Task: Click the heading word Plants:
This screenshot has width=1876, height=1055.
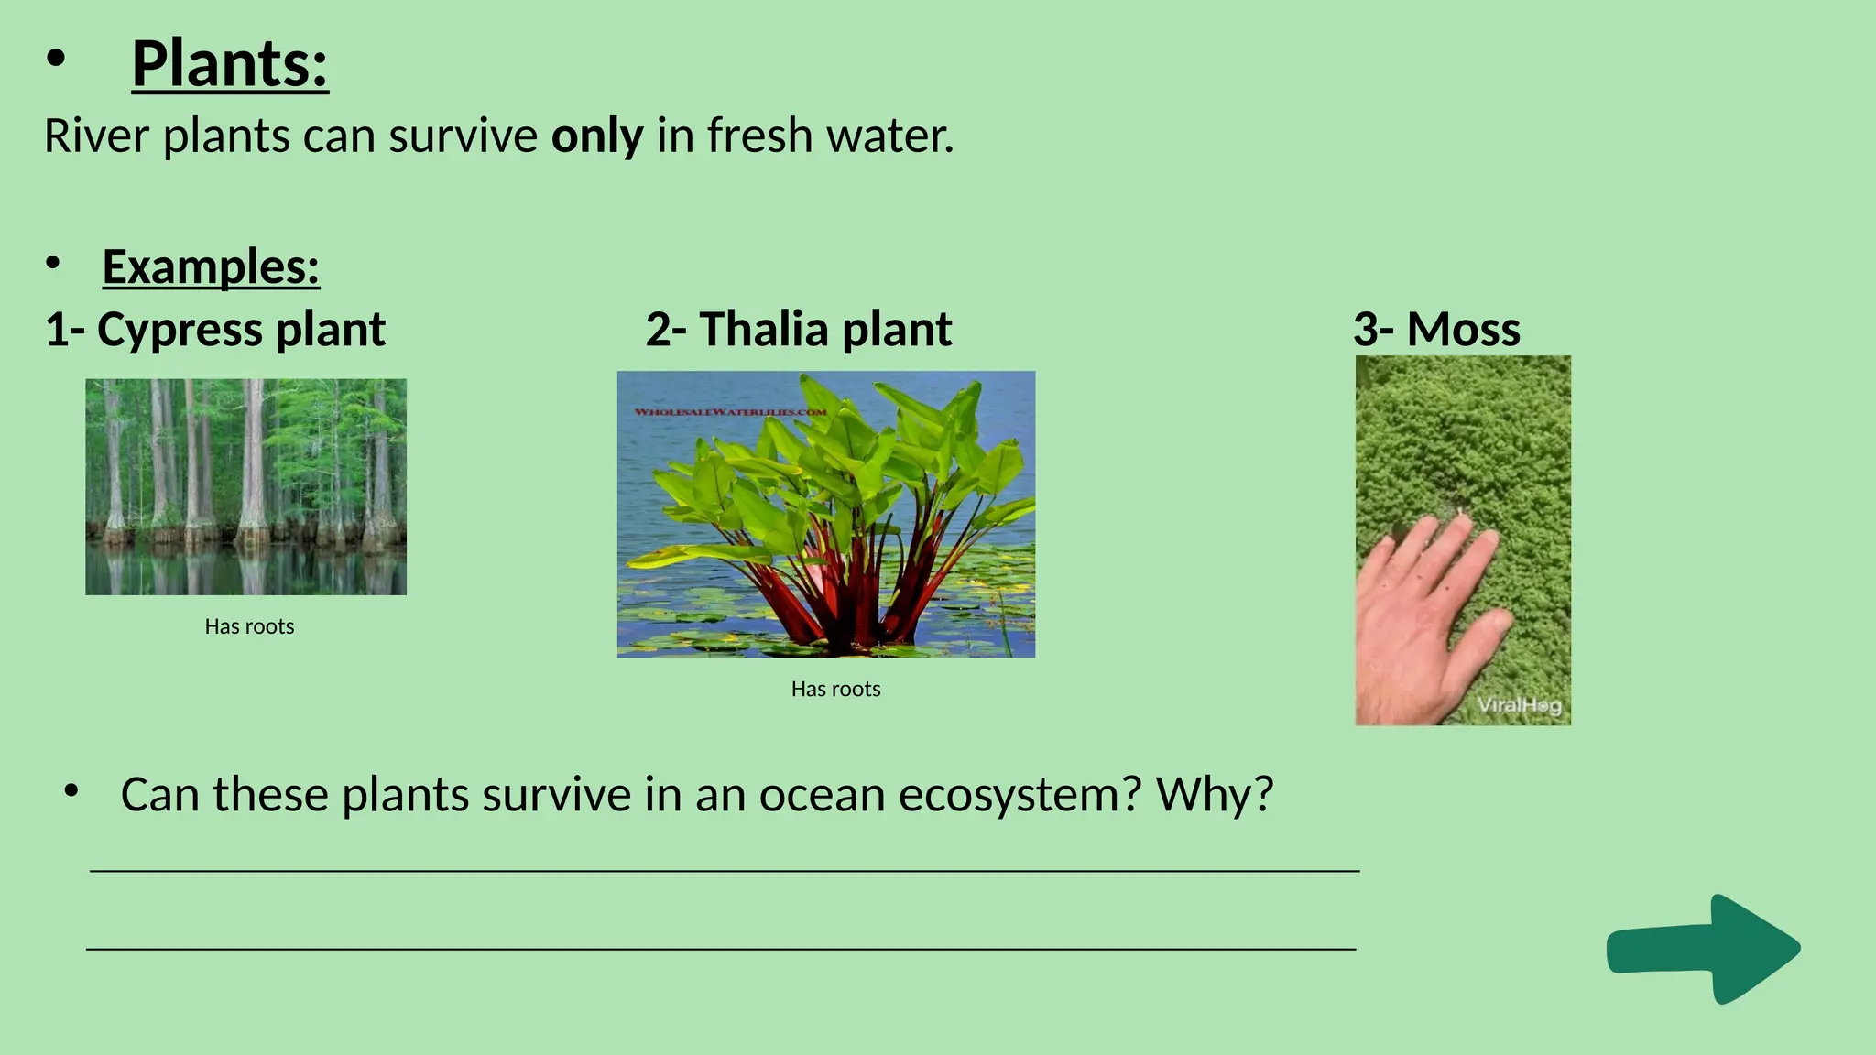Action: point(229,64)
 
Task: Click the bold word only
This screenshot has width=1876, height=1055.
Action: point(596,136)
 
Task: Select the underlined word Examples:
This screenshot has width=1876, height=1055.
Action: point(211,267)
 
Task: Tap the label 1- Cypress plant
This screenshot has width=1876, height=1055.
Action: point(215,329)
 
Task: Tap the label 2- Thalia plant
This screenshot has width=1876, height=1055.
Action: point(798,329)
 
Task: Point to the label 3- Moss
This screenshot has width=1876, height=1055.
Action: point(1436,329)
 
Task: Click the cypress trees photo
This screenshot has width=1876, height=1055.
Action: point(245,486)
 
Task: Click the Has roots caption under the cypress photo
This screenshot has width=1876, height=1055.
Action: point(249,626)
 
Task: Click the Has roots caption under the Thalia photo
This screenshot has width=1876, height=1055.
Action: point(835,689)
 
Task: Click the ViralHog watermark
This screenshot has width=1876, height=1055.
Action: point(1519,705)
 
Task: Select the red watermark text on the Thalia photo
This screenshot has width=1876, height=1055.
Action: point(730,412)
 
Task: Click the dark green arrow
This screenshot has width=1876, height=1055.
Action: point(1704,949)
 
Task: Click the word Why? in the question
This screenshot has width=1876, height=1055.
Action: point(1215,794)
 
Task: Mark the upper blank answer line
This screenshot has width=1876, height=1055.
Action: point(724,870)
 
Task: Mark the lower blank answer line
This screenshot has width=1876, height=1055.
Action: point(721,949)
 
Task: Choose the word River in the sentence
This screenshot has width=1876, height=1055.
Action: point(97,136)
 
